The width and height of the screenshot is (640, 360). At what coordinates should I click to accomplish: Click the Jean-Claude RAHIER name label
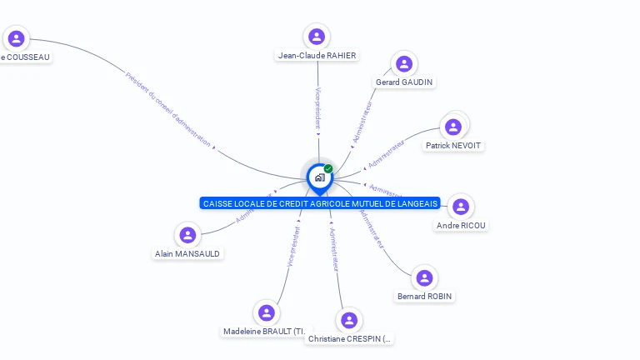pos(317,56)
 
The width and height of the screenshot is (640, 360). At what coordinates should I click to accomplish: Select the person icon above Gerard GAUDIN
pos(404,64)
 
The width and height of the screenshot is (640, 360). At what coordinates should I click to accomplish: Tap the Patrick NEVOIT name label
pos(453,146)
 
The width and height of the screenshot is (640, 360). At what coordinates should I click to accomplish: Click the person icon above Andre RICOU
pos(461,207)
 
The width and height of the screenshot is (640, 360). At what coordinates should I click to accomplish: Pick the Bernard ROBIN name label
pos(425,297)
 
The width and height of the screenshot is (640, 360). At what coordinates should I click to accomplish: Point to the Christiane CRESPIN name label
pos(350,339)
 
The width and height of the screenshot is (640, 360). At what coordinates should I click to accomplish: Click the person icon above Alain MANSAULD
pos(187,235)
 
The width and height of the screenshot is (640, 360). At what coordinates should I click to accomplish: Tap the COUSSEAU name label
pos(26,57)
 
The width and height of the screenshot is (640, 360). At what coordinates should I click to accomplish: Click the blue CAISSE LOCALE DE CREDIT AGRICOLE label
pos(320,203)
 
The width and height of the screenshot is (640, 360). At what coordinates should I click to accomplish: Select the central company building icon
pos(319,177)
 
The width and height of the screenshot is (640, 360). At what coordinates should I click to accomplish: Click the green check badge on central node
pos(328,169)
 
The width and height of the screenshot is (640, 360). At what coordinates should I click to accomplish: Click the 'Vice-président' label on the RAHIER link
pos(317,108)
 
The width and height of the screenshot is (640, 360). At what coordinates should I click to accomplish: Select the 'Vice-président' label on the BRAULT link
pos(292,246)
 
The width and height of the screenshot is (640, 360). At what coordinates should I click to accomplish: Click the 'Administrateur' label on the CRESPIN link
pos(335,248)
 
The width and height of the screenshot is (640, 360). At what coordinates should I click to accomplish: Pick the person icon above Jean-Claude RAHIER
pos(317,37)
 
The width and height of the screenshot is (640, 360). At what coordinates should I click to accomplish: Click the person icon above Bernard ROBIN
pos(424,277)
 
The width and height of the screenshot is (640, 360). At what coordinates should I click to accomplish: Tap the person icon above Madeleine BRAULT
pos(267,312)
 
